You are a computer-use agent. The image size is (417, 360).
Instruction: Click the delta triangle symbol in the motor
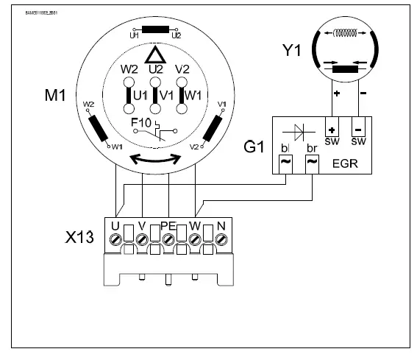pos(155,55)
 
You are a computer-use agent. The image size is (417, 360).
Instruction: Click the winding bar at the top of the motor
pos(155,30)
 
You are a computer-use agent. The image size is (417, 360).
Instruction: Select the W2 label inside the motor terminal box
pos(129,70)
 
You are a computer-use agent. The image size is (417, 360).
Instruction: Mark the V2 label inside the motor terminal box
pos(183,70)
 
